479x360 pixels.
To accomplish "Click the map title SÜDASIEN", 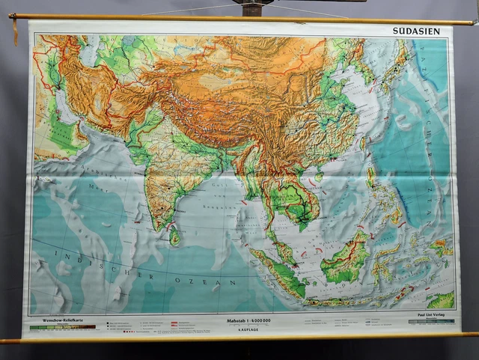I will point(421,31).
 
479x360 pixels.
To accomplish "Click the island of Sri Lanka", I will point(174,237).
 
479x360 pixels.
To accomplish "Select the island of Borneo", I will point(346,259).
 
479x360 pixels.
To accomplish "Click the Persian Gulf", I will point(65,112).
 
